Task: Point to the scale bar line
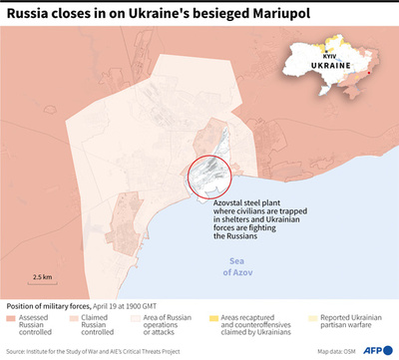(43, 285)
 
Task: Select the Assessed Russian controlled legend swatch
(11, 318)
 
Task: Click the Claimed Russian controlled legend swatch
(76, 318)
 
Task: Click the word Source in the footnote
(18, 351)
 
